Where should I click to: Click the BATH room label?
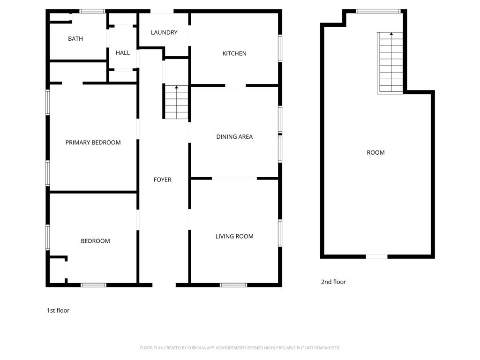tap(75, 39)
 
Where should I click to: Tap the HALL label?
tap(123, 53)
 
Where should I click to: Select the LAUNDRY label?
tap(164, 32)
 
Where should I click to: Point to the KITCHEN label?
tap(234, 53)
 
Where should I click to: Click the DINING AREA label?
tap(234, 137)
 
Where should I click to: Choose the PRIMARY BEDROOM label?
tap(93, 142)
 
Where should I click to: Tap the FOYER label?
tap(163, 180)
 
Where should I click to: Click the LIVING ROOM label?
tap(234, 236)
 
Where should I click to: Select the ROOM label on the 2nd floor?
tap(375, 152)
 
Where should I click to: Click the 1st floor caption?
tap(58, 310)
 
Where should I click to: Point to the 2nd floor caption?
tap(333, 282)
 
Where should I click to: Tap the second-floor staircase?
tap(390, 63)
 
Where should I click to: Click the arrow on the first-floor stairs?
tap(176, 88)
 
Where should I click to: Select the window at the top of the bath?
tap(92, 11)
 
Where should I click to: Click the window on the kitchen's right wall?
tap(280, 48)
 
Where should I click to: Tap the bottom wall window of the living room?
tap(233, 285)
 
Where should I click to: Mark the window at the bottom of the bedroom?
tap(93, 285)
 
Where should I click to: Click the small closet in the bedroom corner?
tap(58, 270)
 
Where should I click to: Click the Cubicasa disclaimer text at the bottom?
tap(240, 348)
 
